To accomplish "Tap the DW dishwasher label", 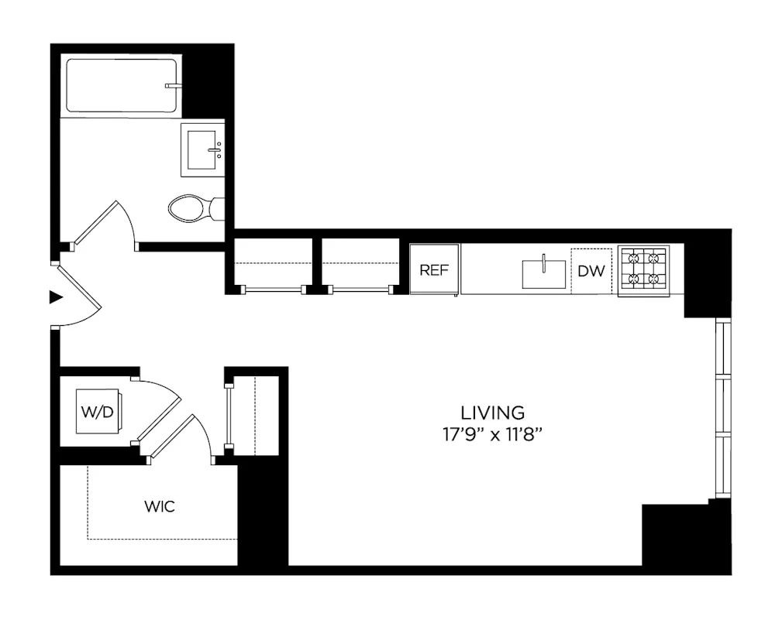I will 591,271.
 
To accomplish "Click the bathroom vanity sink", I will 203,149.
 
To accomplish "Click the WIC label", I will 160,508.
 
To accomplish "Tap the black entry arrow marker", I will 55,296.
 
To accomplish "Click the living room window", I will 723,407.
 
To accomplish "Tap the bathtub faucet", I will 173,85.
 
